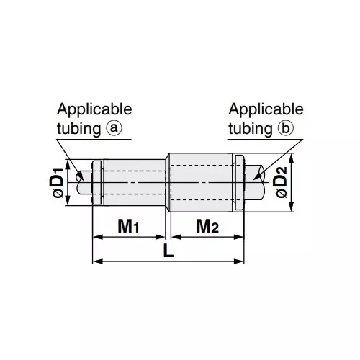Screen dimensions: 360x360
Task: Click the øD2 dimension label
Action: click(281, 183)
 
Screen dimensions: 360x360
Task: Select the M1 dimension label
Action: click(127, 228)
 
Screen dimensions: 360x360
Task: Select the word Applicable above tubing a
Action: click(94, 109)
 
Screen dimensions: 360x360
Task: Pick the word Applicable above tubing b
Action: click(266, 109)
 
